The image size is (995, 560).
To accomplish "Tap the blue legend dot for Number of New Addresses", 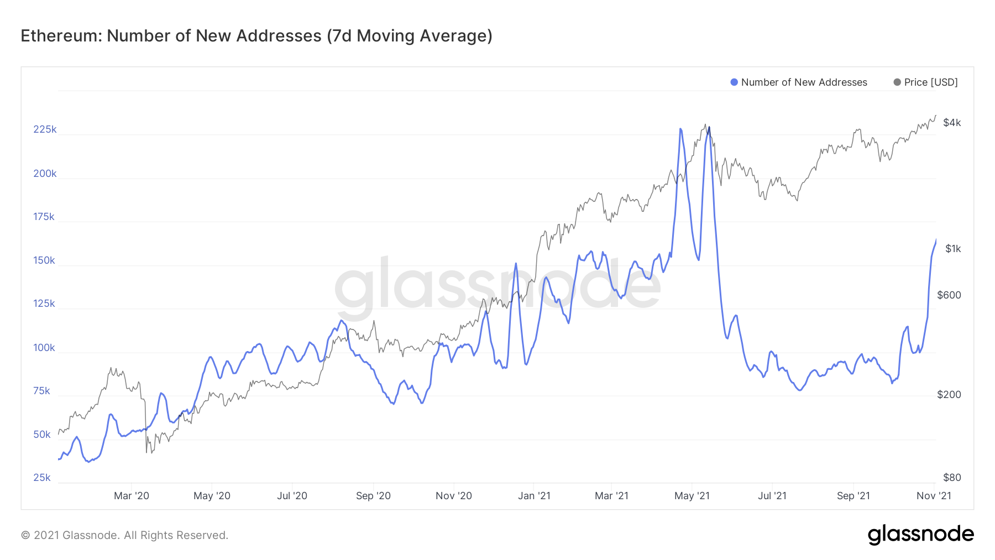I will (x=734, y=82).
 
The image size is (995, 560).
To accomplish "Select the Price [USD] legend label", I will (x=931, y=82).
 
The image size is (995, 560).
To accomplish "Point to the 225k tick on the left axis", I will (x=45, y=129).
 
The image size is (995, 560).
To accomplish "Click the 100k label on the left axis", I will (x=44, y=348).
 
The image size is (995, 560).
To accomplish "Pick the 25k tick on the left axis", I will (x=42, y=478).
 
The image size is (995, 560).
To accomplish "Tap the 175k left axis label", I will (x=44, y=217).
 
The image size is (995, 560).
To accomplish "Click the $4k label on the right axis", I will (x=952, y=123).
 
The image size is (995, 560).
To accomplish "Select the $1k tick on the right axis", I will (x=953, y=249).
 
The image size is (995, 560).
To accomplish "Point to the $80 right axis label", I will (x=952, y=478).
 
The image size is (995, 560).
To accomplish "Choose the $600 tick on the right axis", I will (x=949, y=295).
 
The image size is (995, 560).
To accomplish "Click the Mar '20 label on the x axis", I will (x=132, y=496).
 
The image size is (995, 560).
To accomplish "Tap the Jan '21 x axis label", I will (x=534, y=496).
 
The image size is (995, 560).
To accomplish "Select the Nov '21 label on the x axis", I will (x=934, y=496).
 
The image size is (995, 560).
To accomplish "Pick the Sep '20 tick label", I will (x=373, y=496).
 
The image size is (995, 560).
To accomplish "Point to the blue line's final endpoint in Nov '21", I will (x=936, y=240).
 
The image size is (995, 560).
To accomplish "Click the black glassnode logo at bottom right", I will (x=920, y=535).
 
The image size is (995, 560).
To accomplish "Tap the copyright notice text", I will (x=124, y=535).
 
